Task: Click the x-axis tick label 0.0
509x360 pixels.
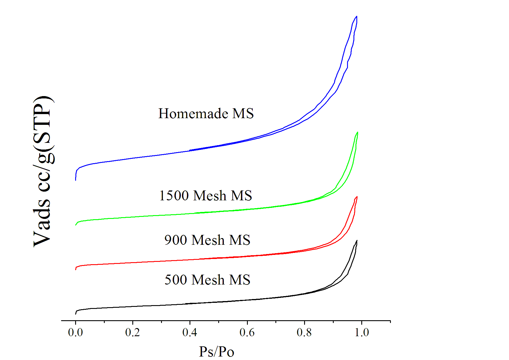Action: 75,332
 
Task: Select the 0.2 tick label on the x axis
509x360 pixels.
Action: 132,332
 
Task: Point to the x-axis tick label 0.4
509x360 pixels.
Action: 189,332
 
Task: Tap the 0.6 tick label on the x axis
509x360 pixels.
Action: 247,332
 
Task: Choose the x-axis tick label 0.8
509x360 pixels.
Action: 304,332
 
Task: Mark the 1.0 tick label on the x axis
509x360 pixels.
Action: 362,332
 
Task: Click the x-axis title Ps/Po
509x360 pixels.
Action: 216,352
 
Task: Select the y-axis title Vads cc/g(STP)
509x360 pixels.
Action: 43,171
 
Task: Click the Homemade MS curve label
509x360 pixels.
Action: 206,113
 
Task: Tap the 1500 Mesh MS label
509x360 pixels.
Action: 205,195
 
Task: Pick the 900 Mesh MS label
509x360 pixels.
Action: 207,240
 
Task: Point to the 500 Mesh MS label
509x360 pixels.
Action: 207,280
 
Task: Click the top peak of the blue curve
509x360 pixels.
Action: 356,17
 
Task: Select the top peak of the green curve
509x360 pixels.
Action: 357,132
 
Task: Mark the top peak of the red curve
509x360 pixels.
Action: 357,197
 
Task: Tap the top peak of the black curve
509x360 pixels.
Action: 357,241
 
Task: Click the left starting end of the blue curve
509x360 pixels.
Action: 76,180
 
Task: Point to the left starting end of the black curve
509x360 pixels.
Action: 76,314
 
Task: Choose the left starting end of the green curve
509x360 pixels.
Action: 76,225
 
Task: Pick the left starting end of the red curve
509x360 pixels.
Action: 76,269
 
